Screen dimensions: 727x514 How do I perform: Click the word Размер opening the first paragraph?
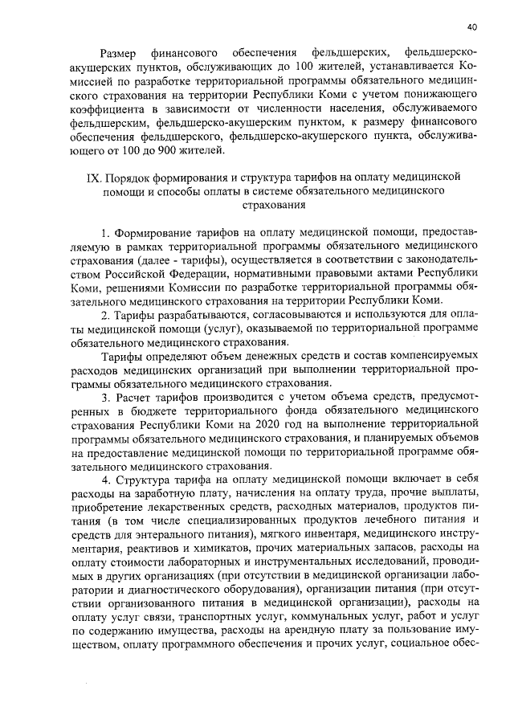click(x=125, y=51)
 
